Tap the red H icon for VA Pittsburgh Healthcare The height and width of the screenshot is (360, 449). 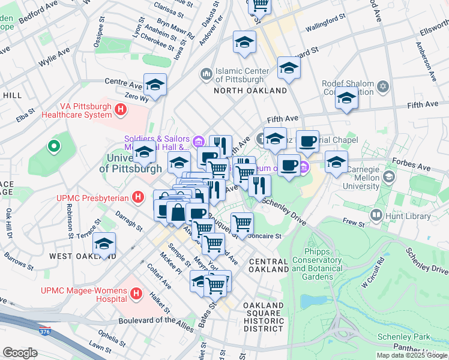(x=121, y=109)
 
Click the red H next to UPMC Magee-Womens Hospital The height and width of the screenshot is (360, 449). (x=136, y=294)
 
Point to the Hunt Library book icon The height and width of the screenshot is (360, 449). (x=376, y=214)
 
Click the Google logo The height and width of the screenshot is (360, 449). (x=20, y=352)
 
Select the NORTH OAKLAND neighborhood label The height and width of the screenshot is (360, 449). (x=251, y=91)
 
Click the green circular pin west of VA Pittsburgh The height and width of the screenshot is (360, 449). (x=53, y=146)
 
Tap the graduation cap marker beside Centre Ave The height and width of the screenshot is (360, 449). (x=155, y=85)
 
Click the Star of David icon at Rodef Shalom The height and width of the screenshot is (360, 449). (x=382, y=88)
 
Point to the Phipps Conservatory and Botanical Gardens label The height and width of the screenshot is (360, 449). (x=316, y=265)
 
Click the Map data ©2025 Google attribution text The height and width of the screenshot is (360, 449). (x=412, y=355)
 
